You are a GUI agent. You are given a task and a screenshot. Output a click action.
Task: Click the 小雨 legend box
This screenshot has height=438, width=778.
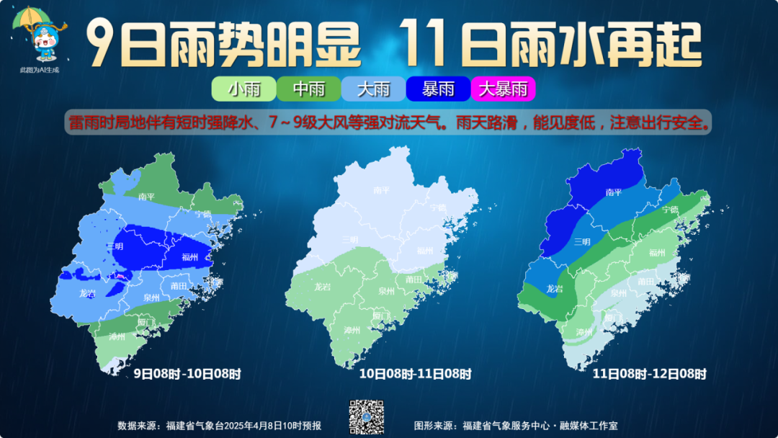[243, 89]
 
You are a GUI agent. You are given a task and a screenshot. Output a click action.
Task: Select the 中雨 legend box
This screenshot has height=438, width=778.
[308, 89]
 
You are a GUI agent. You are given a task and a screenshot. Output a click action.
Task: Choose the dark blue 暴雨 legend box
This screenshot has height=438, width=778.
[438, 89]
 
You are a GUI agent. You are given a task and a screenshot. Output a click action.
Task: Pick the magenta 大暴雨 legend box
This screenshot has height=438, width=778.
[503, 89]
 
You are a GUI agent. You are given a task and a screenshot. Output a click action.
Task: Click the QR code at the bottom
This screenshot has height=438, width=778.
[366, 417]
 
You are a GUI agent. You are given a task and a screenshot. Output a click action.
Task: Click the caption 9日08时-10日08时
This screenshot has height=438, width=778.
[187, 374]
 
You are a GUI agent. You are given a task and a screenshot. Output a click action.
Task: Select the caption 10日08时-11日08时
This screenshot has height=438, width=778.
[416, 374]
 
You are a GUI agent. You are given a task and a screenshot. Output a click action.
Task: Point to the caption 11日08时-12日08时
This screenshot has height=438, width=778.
[649, 374]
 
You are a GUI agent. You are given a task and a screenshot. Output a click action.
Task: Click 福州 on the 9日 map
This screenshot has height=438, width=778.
[190, 257]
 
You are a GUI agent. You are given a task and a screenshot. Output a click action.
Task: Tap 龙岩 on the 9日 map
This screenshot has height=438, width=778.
[86, 293]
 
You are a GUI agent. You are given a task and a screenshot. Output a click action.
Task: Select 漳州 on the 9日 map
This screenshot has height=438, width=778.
[117, 336]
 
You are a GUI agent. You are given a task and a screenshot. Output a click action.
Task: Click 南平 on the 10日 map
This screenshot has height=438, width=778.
[382, 191]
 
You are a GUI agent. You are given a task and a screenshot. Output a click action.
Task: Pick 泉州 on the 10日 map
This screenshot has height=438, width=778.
[386, 292]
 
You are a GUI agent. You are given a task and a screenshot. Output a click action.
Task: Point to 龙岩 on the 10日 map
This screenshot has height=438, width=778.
[322, 287]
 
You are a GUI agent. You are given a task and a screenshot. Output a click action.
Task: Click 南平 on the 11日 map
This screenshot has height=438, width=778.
[614, 192]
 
